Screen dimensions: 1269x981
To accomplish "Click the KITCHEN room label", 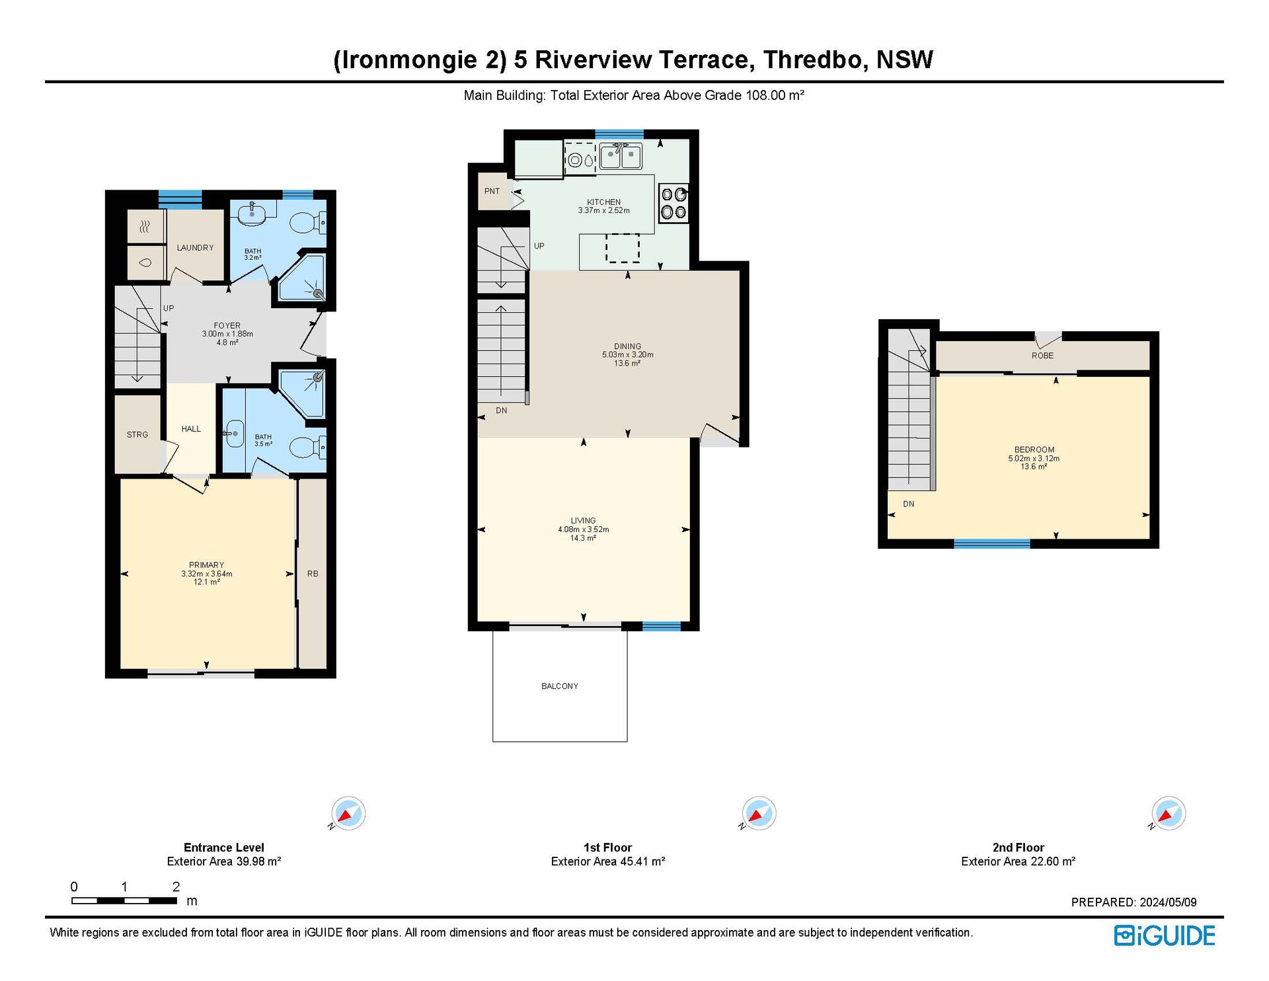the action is pyautogui.click(x=603, y=202).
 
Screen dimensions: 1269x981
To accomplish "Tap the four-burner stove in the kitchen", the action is pyautogui.click(x=673, y=203).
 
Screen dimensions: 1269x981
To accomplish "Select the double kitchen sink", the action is pyautogui.click(x=620, y=157).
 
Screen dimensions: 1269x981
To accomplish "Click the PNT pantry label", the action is pyautogui.click(x=492, y=191).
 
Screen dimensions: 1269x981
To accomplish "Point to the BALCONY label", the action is pyautogui.click(x=560, y=686).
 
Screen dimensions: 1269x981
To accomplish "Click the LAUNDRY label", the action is pyautogui.click(x=195, y=248).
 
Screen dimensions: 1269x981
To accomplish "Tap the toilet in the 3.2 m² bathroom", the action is pyautogui.click(x=308, y=223).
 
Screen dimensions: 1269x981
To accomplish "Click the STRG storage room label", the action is pyautogui.click(x=137, y=434).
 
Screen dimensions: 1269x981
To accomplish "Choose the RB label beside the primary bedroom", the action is pyautogui.click(x=313, y=574).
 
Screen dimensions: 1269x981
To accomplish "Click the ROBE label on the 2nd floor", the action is pyautogui.click(x=1042, y=356).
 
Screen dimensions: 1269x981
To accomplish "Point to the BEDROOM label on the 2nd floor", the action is pyautogui.click(x=1034, y=450).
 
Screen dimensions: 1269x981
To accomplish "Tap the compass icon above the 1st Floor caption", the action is pyautogui.click(x=758, y=813).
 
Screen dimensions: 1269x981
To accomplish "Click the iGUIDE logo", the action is pyautogui.click(x=1165, y=935).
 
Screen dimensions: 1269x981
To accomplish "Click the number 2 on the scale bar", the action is pyautogui.click(x=176, y=886).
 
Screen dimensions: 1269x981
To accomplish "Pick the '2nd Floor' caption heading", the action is pyautogui.click(x=1018, y=847).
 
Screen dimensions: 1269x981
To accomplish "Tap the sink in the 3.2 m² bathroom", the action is pyautogui.click(x=252, y=214).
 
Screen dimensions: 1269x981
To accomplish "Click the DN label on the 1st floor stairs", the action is pyautogui.click(x=502, y=411).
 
